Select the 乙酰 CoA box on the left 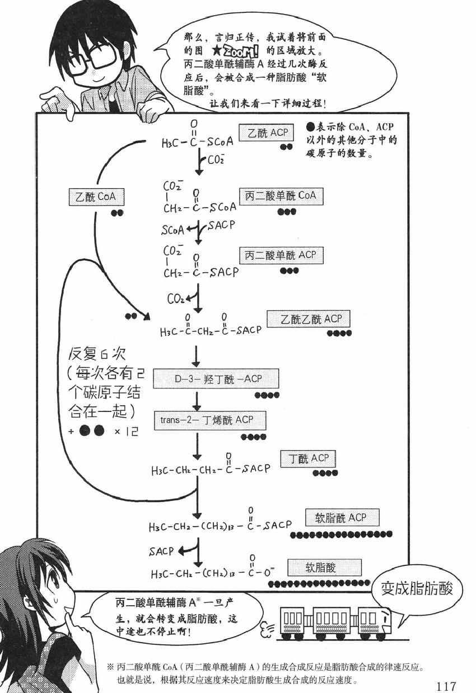tap(95, 198)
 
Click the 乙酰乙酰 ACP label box tap(308, 319)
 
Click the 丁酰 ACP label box tap(308, 459)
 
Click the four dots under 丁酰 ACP tap(325, 473)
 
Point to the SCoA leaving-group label tap(172, 230)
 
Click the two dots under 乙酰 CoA tap(117, 213)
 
